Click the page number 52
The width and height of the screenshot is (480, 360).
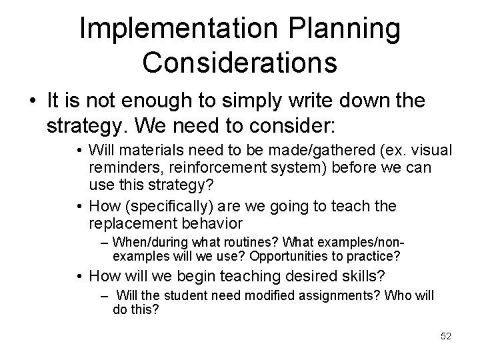446,337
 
